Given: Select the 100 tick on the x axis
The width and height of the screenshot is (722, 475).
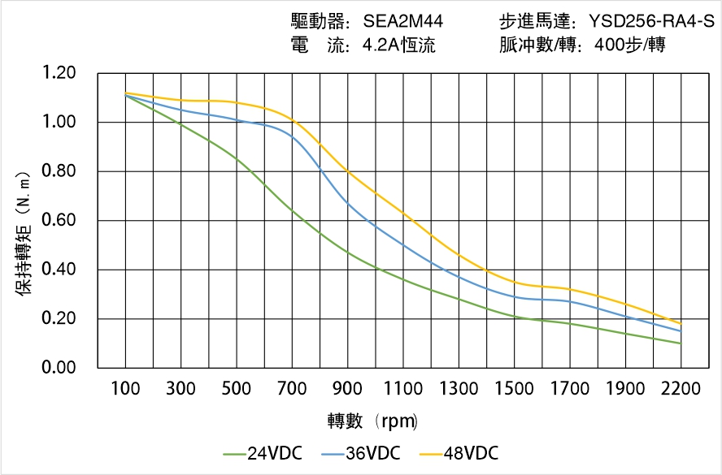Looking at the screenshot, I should (125, 389).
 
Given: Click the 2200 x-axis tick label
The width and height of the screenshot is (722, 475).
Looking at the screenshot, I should (681, 389).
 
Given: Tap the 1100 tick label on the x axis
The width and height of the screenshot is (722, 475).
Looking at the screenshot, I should (403, 389).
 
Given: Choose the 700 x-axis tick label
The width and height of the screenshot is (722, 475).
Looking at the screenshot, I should (292, 389).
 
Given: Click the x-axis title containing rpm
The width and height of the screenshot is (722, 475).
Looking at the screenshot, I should (373, 421).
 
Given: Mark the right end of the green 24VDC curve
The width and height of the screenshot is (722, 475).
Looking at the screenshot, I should (681, 343).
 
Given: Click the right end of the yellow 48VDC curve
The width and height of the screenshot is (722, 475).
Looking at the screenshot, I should (681, 324).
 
